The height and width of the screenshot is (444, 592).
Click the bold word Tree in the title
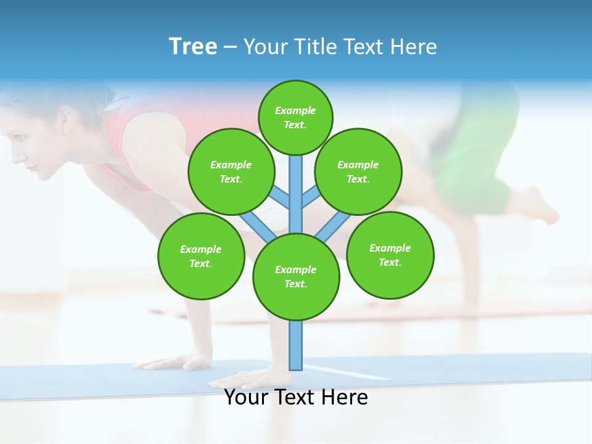(193, 47)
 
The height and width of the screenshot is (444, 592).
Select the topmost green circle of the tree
(295, 117)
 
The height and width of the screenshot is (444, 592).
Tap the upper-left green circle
(231, 171)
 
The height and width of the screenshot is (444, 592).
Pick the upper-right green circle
(358, 171)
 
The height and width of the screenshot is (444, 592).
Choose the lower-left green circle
(201, 256)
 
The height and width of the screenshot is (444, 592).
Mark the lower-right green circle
(390, 255)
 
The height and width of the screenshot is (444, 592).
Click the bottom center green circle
(296, 277)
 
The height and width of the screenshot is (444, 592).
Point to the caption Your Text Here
(296, 397)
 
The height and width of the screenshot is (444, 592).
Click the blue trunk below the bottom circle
(296, 345)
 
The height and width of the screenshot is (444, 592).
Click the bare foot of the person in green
(543, 207)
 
